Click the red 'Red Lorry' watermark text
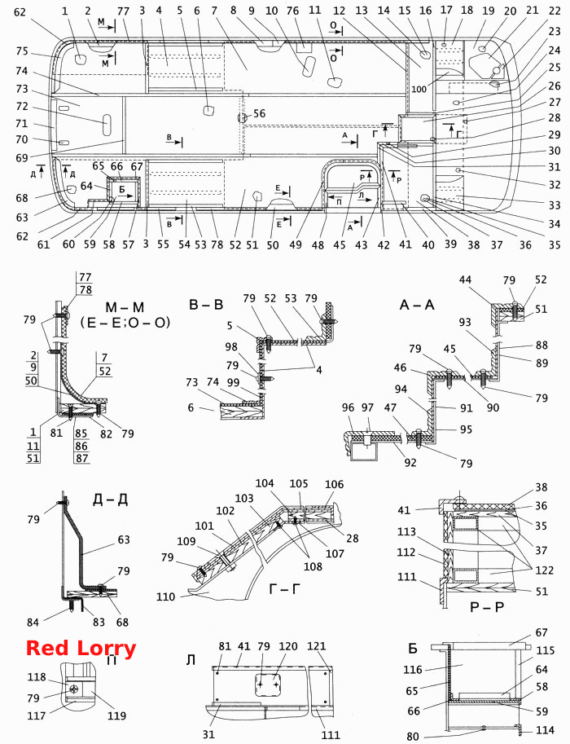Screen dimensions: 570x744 click(81, 648)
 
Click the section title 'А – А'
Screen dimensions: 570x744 click(417, 305)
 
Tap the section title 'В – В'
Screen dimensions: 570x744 click(206, 304)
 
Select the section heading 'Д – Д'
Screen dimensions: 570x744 click(110, 500)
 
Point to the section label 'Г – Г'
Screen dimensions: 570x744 click(285, 589)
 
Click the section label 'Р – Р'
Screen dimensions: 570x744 click(487, 607)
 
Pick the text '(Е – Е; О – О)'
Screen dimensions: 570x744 click(125, 323)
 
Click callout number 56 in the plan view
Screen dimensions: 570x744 click(260, 113)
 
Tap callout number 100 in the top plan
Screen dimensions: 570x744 click(419, 89)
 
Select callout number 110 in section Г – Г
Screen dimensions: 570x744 click(165, 596)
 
